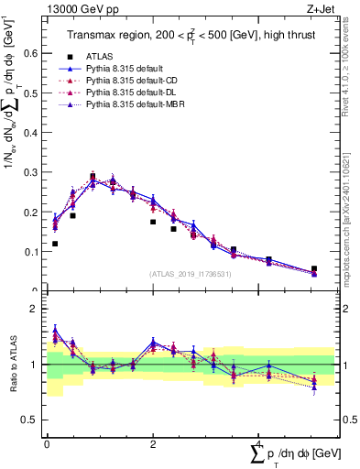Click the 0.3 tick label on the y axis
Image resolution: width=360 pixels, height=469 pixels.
coord(32,172)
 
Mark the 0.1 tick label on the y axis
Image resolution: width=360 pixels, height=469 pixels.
coord(32,251)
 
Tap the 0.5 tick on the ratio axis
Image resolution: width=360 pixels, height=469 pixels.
coord(32,420)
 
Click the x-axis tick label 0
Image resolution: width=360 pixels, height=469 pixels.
coord(47,442)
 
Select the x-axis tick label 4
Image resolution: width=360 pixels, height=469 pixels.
coord(259,442)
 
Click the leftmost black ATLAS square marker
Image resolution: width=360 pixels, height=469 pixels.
coord(55,244)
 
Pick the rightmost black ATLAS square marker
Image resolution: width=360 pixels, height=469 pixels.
coord(314,269)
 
